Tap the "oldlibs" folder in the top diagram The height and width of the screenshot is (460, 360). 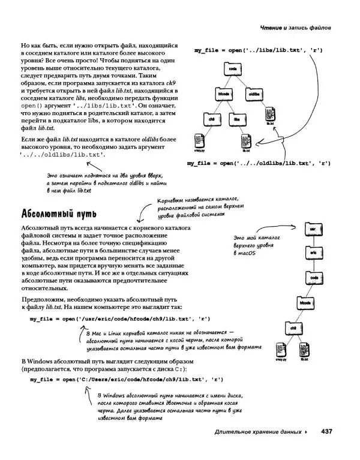253,94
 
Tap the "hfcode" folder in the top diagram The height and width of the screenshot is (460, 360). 224,94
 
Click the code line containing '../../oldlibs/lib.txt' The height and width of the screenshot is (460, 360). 259,163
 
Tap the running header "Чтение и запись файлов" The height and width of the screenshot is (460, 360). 296,28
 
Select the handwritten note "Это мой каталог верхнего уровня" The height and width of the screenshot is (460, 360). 259,246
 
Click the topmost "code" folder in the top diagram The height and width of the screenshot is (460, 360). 233,70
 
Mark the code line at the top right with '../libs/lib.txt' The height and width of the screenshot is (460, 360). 259,50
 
